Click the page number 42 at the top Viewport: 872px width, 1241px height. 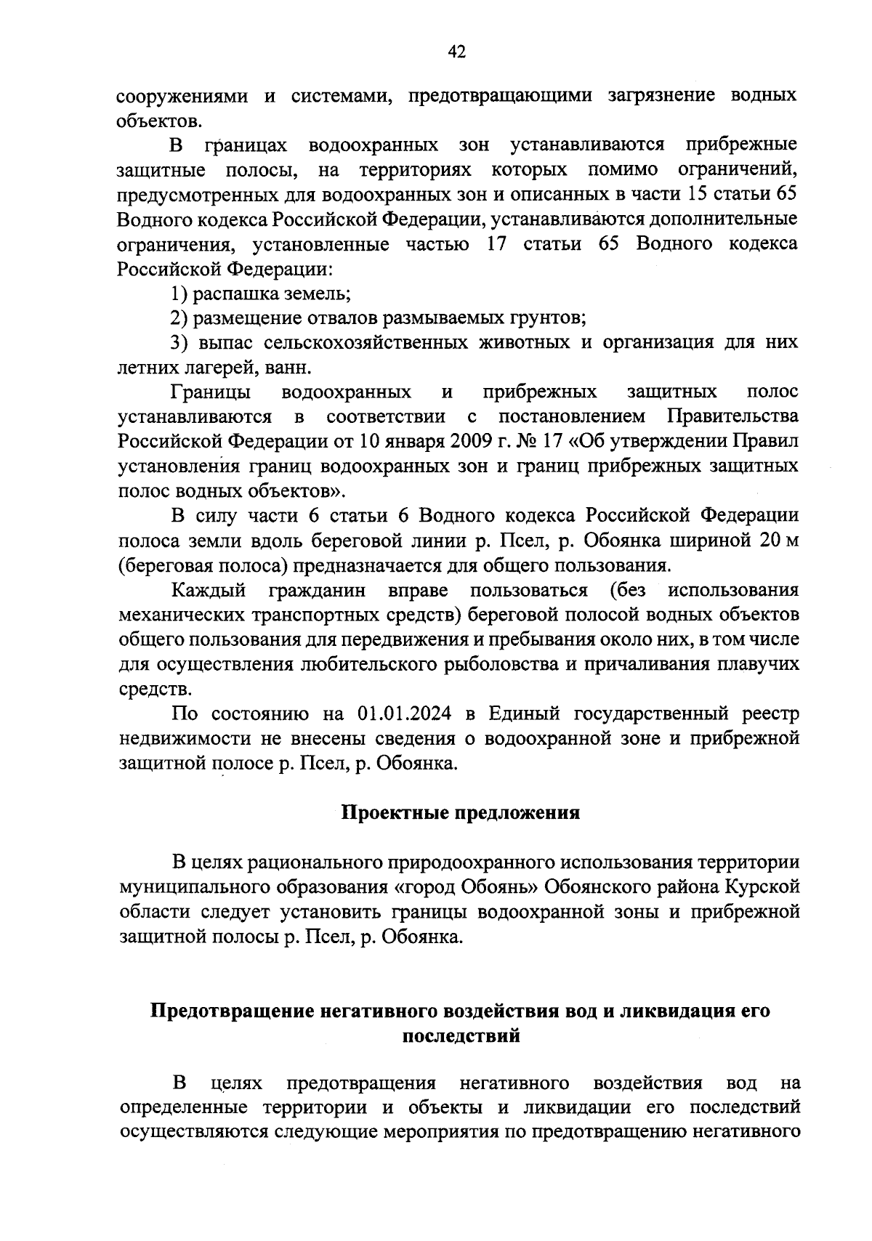click(456, 51)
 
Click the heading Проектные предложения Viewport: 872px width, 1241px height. click(461, 812)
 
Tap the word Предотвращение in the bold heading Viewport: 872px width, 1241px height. click(230, 1011)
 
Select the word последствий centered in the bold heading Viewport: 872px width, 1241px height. click(461, 1035)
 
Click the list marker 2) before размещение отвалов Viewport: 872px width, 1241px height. click(179, 318)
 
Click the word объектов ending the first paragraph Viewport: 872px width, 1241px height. click(153, 120)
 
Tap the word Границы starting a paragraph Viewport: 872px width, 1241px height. click(211, 392)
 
